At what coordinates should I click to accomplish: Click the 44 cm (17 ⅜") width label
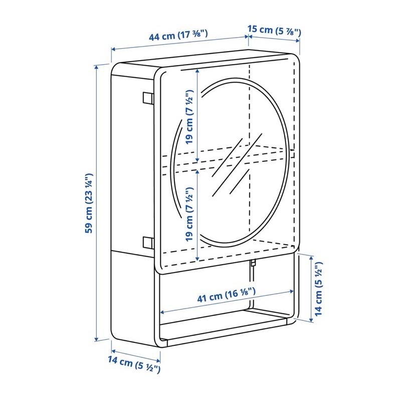(x=178, y=35)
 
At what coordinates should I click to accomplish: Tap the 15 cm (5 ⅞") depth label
(x=274, y=31)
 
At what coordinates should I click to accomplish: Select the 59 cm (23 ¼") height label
(x=89, y=204)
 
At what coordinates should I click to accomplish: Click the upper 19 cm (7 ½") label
(x=189, y=117)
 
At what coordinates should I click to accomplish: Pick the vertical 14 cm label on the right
(x=319, y=289)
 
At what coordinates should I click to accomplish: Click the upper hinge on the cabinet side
(x=148, y=98)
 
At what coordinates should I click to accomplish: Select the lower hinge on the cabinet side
(x=148, y=243)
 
